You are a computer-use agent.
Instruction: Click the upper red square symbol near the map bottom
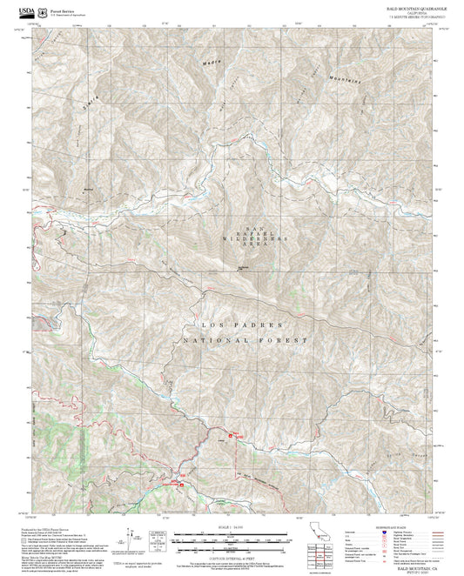click(x=231, y=435)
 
